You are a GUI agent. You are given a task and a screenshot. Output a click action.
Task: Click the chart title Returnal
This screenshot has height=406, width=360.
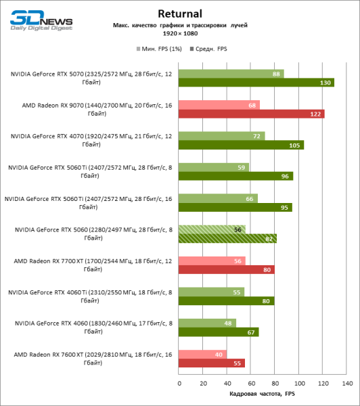[x=179, y=13]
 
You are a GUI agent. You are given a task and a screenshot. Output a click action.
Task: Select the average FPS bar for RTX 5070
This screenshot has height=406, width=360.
[x=256, y=83]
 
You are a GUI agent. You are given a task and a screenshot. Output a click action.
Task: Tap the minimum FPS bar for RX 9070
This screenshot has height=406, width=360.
[x=219, y=105]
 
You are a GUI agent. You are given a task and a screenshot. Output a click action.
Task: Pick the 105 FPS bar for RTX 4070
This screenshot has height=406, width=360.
[x=241, y=145]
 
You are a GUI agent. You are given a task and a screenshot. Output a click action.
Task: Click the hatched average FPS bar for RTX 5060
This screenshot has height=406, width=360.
[x=227, y=238]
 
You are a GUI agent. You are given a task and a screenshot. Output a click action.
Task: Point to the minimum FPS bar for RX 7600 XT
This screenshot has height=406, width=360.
[x=203, y=354]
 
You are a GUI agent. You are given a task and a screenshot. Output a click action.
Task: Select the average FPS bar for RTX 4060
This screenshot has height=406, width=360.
[x=219, y=332]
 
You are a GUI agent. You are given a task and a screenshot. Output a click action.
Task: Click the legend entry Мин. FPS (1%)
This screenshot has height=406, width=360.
[x=158, y=49]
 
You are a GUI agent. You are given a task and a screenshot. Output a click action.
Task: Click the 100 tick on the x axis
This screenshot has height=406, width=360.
[x=299, y=384]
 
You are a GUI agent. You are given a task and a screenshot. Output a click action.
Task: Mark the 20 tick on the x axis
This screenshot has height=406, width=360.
[x=203, y=384]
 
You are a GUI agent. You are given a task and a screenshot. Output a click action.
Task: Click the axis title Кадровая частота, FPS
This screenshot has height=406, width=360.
[x=263, y=394]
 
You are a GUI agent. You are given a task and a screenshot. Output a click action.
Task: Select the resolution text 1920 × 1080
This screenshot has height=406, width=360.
[x=179, y=33]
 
